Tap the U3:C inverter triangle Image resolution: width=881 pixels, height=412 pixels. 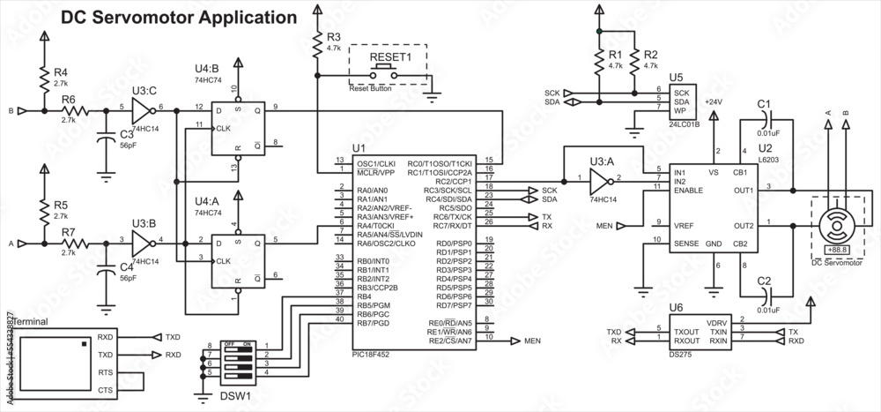(x=140, y=110)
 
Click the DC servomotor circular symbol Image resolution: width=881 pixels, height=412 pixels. (x=832, y=225)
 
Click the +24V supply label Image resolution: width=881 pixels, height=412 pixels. (x=714, y=103)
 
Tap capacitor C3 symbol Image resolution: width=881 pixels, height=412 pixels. (x=106, y=134)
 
